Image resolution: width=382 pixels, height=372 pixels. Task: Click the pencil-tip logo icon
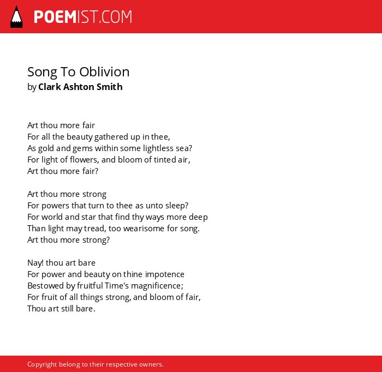(x=16, y=17)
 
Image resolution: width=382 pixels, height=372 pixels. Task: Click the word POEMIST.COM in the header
(x=83, y=17)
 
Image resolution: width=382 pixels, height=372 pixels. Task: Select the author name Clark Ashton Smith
(x=80, y=87)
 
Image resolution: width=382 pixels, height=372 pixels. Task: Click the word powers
(x=55, y=206)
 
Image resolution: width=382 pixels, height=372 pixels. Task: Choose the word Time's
(x=117, y=286)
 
